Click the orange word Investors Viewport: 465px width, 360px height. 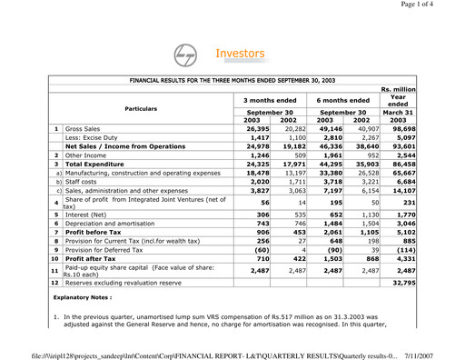(x=239, y=55)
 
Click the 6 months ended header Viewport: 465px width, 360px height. (x=342, y=100)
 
